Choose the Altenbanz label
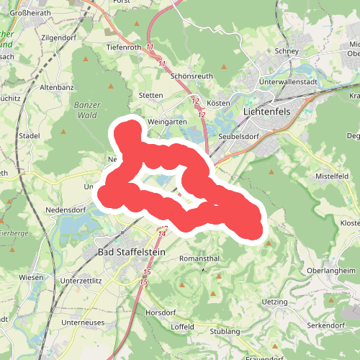click(x=58, y=87)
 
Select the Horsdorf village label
click(x=161, y=312)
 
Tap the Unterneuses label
click(x=84, y=322)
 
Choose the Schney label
click(x=285, y=52)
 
